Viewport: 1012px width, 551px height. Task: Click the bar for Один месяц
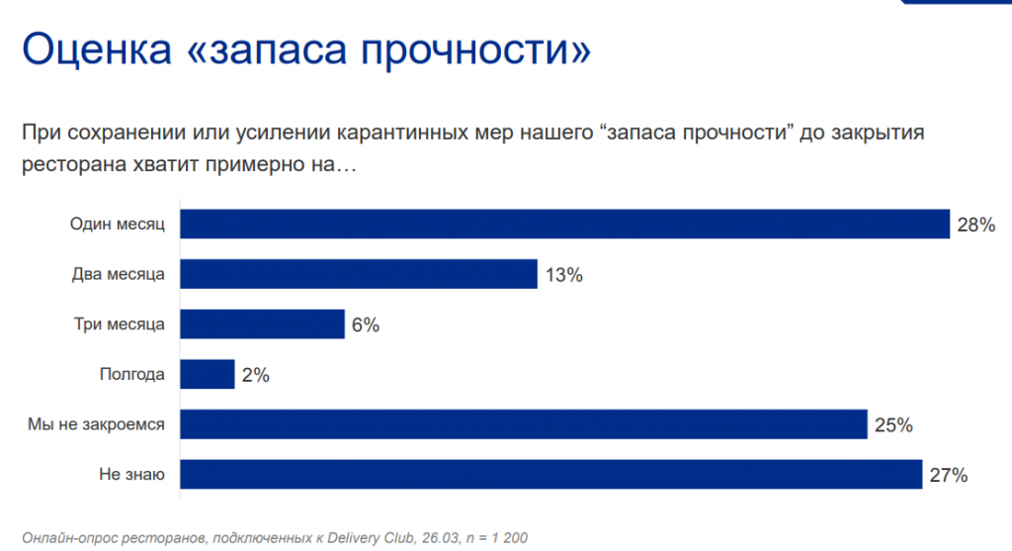563,225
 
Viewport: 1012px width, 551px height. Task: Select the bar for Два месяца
358,274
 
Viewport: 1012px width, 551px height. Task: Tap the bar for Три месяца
262,324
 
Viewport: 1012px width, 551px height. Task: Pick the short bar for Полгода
208,374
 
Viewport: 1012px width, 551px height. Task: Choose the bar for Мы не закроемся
523,425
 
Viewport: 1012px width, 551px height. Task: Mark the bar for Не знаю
550,475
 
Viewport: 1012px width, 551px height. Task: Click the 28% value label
974,226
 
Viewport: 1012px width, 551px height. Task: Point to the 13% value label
562,275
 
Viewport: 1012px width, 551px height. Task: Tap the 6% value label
365,325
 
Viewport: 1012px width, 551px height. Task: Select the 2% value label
255,375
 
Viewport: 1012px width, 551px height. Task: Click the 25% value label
892,425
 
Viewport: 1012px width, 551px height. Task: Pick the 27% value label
948,475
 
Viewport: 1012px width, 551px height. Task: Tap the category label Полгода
132,374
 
